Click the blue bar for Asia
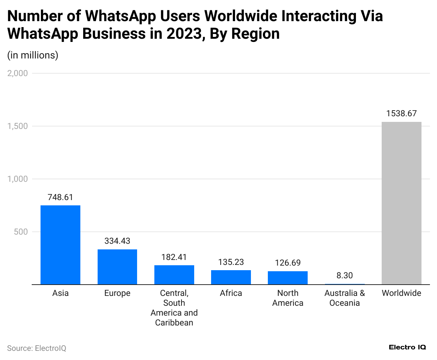[x=60, y=245]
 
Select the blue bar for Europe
[x=117, y=267]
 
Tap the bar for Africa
[x=231, y=277]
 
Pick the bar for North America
[x=288, y=278]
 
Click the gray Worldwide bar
[x=401, y=203]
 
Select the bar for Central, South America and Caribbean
[x=174, y=275]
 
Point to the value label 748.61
[x=60, y=197]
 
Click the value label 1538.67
[x=401, y=113]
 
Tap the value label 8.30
[x=344, y=275]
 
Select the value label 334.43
[x=117, y=241]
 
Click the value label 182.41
[x=174, y=257]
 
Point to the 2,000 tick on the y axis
[x=18, y=73]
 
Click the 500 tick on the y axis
[x=21, y=232]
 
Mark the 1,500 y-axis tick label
[x=18, y=126]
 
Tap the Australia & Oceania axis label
[x=344, y=298]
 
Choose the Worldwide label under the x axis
[x=401, y=293]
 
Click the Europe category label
[x=117, y=293]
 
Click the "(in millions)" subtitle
[x=33, y=55]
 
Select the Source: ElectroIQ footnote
[x=37, y=348]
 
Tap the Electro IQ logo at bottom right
[x=407, y=347]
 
